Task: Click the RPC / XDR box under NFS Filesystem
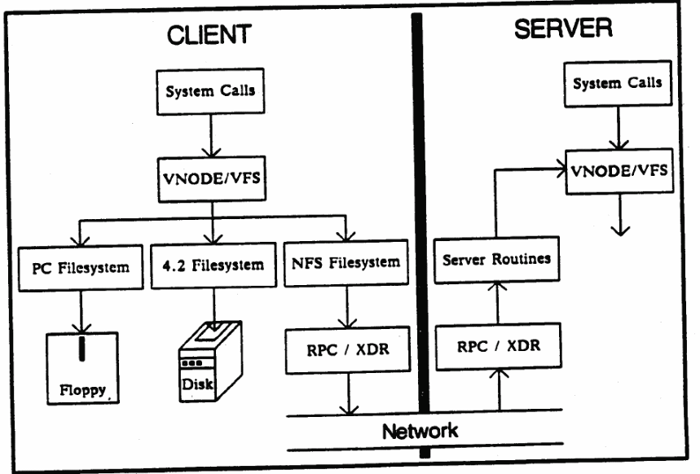pyautogui.click(x=348, y=349)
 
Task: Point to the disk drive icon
pyautogui.click(x=209, y=361)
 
